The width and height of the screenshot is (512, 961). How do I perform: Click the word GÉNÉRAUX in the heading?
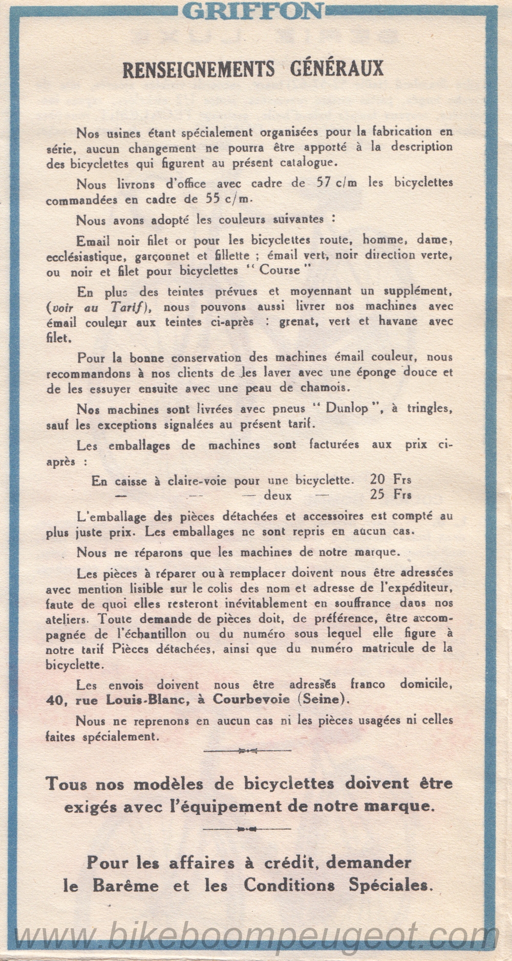click(337, 69)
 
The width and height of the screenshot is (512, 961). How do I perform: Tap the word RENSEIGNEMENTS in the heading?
click(199, 70)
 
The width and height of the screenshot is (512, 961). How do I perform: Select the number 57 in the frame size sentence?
click(324, 183)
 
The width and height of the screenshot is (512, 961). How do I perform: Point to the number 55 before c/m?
click(213, 199)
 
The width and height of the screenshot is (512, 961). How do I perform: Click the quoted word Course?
click(280, 270)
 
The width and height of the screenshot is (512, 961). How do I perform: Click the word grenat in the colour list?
click(298, 322)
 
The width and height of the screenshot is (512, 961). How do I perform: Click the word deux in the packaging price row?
click(278, 496)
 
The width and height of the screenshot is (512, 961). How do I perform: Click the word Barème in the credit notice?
click(125, 886)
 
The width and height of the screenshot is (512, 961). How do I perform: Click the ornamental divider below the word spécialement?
click(247, 751)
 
